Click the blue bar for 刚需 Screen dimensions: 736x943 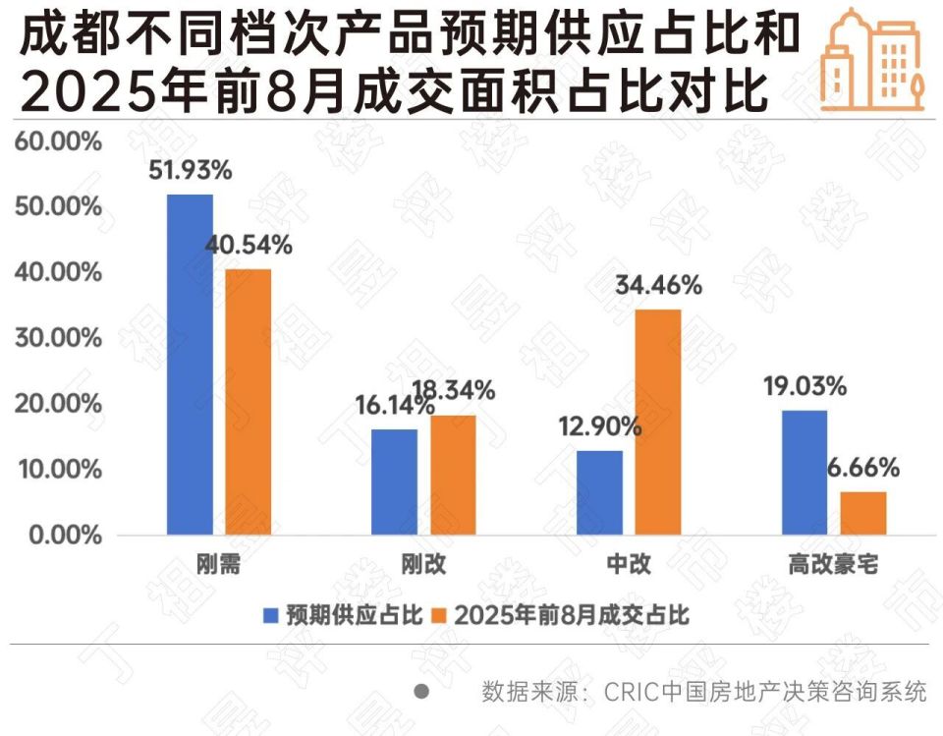click(190, 365)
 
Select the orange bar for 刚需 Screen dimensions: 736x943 click(248, 402)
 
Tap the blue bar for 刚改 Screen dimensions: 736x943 click(395, 481)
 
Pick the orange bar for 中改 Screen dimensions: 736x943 click(657, 422)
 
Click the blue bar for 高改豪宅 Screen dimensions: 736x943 click(804, 473)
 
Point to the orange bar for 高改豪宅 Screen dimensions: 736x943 click(863, 513)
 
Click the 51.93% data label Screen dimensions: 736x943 click(190, 170)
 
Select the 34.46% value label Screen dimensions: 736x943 click(658, 286)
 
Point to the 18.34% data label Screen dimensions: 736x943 click(454, 391)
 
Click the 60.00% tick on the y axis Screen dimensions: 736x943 click(58, 142)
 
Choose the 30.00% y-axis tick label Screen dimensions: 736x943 click(58, 338)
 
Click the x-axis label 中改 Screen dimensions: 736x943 click(629, 565)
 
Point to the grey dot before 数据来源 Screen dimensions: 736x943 click(421, 691)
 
